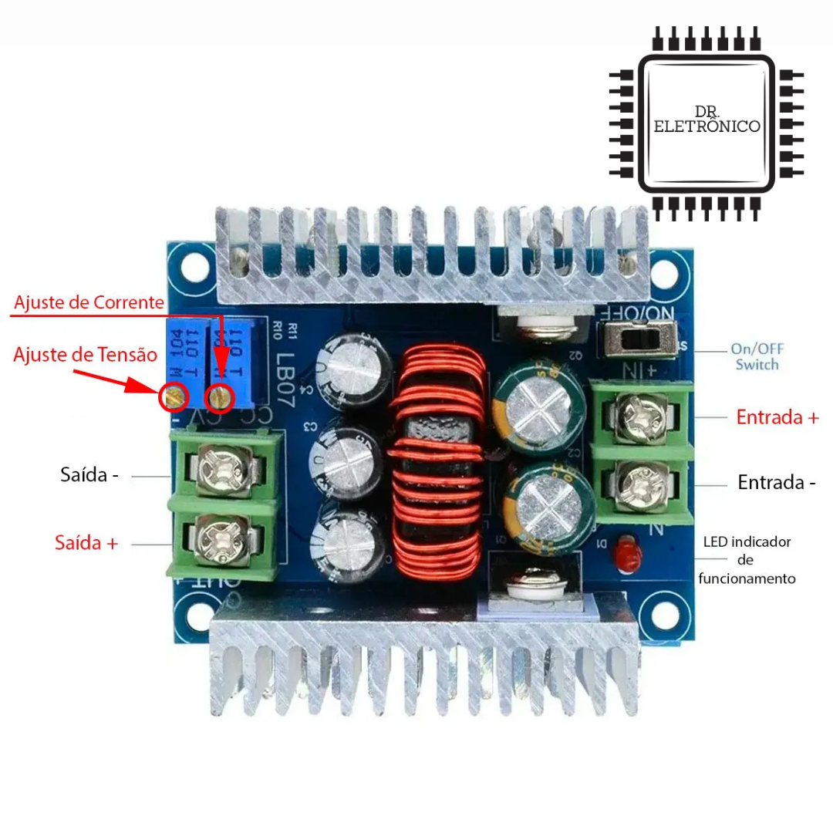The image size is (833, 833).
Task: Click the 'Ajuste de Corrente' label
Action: pos(89,302)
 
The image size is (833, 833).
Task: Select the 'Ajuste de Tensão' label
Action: pos(86,355)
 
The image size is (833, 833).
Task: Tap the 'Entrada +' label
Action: pos(777,417)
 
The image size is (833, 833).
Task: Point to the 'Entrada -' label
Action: pos(777,483)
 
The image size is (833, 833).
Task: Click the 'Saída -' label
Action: pos(89,474)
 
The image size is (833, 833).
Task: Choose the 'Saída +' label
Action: pos(86,542)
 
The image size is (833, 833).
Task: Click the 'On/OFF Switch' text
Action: pos(756,356)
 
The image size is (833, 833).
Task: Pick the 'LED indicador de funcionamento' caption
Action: pos(747,560)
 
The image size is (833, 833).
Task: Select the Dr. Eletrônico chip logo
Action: pos(706,123)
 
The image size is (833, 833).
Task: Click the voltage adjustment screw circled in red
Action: pos(174,398)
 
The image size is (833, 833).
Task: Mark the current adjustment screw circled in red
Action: pos(221,398)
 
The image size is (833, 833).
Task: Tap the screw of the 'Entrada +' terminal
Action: pos(639,414)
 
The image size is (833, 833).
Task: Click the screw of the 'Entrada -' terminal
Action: pos(639,483)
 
